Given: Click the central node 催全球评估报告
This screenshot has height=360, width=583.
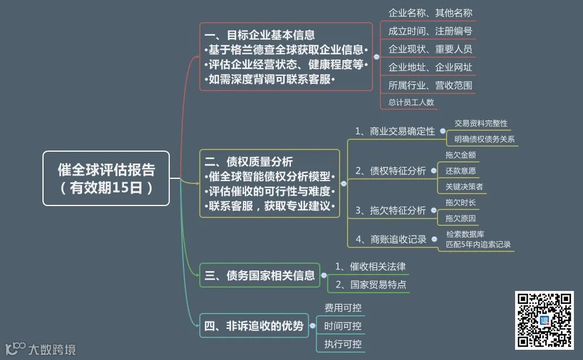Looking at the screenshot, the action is click(106, 178).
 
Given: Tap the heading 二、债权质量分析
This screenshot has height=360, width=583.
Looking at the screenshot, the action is click(249, 162).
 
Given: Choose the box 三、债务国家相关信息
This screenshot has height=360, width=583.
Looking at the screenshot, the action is click(260, 276).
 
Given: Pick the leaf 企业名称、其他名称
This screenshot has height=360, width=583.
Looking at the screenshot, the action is click(430, 13).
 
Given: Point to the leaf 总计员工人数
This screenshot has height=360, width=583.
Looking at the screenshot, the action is click(411, 102).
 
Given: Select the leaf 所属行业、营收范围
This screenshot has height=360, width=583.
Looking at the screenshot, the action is click(430, 85).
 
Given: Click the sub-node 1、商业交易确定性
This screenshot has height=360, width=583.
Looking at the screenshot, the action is click(395, 131).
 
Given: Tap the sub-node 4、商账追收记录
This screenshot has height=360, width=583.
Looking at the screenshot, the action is click(391, 239).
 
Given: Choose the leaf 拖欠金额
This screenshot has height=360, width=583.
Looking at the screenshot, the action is click(460, 155).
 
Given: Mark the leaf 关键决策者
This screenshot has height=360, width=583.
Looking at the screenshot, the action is click(464, 186).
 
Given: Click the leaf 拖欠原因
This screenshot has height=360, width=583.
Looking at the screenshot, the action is click(460, 218).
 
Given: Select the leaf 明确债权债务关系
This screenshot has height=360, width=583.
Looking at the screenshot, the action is click(484, 139).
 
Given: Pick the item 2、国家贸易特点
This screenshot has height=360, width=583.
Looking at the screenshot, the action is click(371, 284).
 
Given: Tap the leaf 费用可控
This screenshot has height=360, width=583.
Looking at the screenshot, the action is click(342, 308).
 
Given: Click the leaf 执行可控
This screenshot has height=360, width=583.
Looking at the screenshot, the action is click(342, 344).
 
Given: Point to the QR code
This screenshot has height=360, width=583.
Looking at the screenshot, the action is click(544, 320).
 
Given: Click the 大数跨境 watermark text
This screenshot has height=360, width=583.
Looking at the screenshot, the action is click(52, 349).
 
